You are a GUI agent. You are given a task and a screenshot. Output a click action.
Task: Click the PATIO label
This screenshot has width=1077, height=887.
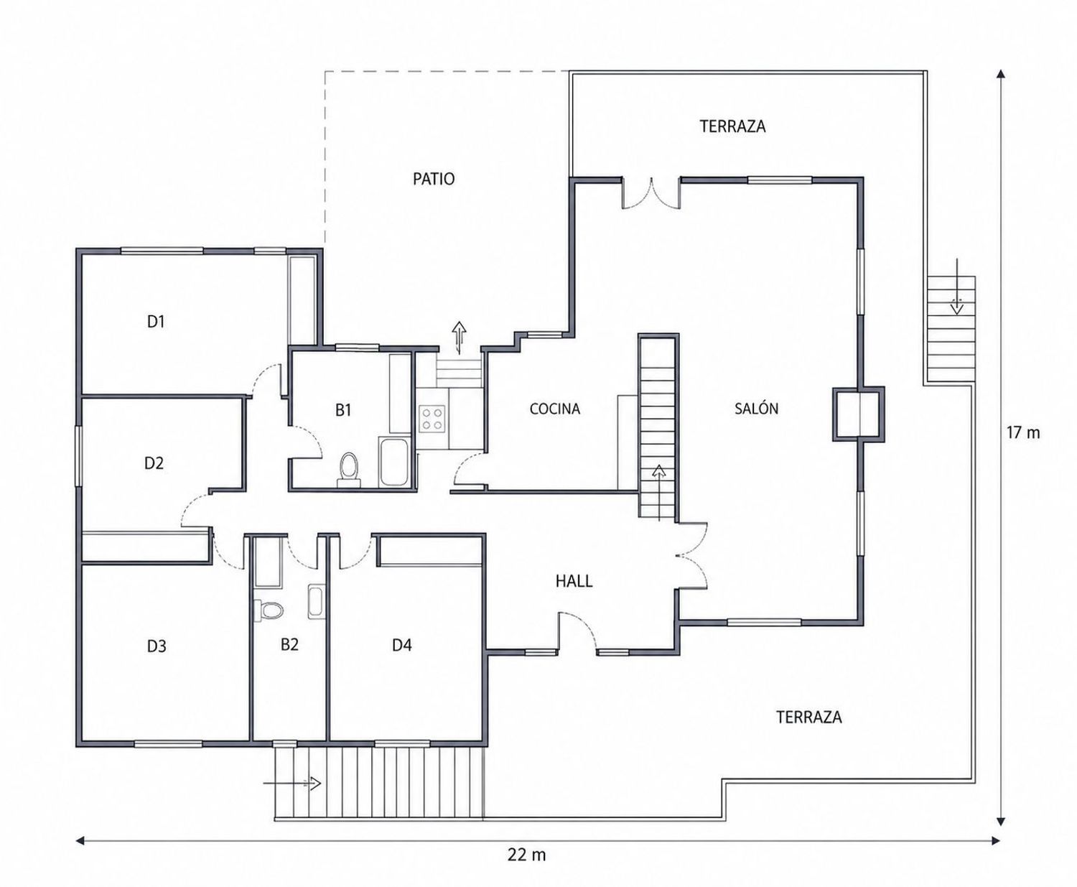(434, 179)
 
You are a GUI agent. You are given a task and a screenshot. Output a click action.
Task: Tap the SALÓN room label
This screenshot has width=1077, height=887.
(756, 408)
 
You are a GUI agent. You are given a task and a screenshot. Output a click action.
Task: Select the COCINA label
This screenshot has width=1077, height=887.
(554, 409)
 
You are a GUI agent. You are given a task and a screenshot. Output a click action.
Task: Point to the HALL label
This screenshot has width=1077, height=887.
(574, 581)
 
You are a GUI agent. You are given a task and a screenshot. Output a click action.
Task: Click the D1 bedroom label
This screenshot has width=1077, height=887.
(156, 321)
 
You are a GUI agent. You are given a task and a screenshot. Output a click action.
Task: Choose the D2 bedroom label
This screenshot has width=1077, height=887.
(154, 463)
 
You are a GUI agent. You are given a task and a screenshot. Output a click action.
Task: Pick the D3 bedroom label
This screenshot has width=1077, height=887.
(157, 646)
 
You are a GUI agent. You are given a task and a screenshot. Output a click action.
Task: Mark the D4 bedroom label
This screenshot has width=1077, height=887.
(402, 646)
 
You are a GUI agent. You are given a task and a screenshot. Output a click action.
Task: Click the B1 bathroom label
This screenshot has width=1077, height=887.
(343, 410)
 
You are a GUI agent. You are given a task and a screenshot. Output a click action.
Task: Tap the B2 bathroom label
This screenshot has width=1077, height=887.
(289, 644)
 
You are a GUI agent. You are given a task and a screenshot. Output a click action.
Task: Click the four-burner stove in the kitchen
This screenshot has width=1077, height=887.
(432, 419)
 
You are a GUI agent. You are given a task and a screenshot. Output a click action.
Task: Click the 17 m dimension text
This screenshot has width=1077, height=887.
(1023, 433)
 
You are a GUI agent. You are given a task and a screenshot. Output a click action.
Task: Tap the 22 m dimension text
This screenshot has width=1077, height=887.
(526, 855)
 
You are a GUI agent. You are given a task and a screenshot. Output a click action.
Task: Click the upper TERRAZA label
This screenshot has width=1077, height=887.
(732, 126)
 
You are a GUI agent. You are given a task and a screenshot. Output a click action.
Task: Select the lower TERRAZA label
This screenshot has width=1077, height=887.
(809, 717)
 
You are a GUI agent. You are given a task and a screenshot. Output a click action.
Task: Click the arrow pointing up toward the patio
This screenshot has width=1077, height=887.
(459, 338)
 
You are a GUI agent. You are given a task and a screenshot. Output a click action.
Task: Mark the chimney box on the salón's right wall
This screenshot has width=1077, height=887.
(859, 414)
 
